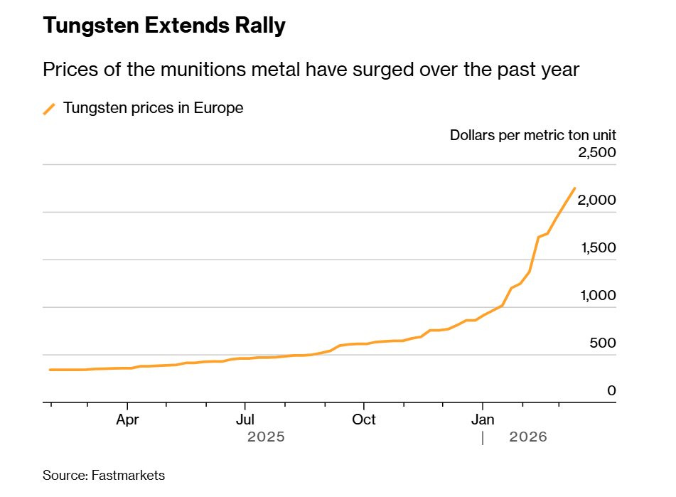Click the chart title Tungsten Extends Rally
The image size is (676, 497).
pyautogui.click(x=164, y=26)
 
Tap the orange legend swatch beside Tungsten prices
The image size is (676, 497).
pyautogui.click(x=49, y=108)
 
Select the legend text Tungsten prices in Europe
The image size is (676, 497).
pyautogui.click(x=153, y=108)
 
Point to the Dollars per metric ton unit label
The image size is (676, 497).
pyautogui.click(x=532, y=134)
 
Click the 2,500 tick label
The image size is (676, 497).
pyautogui.click(x=596, y=153)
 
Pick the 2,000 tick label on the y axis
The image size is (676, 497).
pyautogui.click(x=596, y=201)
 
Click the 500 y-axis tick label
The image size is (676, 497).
pyautogui.click(x=603, y=343)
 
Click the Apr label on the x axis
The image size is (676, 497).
pyautogui.click(x=127, y=419)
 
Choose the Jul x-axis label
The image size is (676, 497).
pyautogui.click(x=245, y=419)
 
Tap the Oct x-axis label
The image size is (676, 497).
pyautogui.click(x=364, y=419)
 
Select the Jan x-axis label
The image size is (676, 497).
pyautogui.click(x=483, y=419)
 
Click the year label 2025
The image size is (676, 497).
pyautogui.click(x=266, y=437)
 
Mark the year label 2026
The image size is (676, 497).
pyautogui.click(x=528, y=437)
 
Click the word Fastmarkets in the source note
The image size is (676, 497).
pyautogui.click(x=128, y=475)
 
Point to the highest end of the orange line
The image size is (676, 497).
pyautogui.click(x=574, y=188)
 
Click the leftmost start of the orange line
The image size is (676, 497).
pyautogui.click(x=49, y=370)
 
